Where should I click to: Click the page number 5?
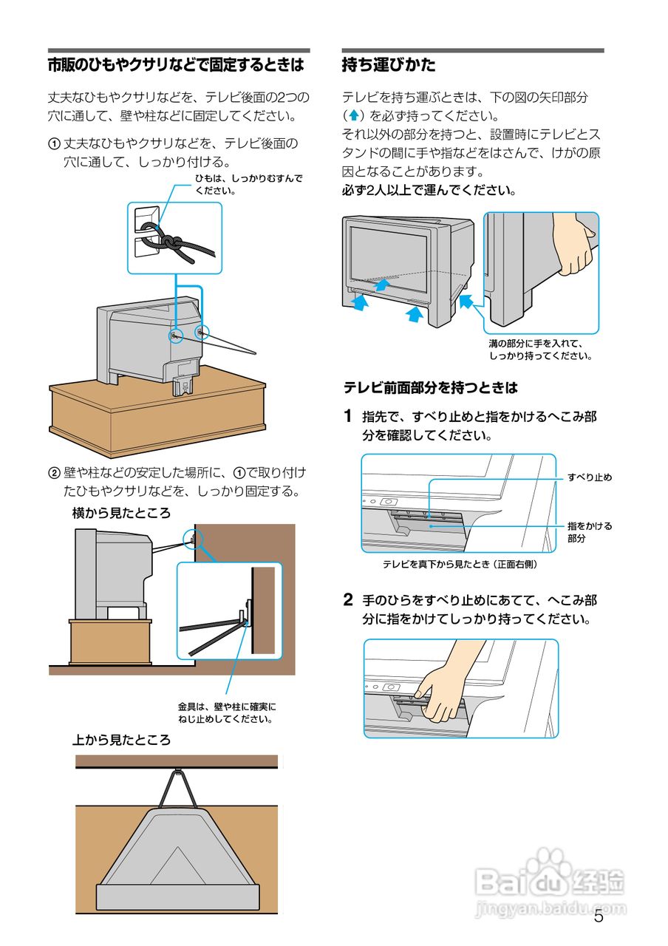599,917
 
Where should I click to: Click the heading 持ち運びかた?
389,65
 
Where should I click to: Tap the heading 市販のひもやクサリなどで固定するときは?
176,65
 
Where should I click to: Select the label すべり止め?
590,477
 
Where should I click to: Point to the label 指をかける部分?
589,532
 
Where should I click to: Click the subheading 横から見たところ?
121,513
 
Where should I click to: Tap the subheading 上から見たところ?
121,740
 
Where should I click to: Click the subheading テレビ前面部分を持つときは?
430,387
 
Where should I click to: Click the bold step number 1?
348,416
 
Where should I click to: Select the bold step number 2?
348,599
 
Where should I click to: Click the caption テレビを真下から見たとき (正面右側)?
459,565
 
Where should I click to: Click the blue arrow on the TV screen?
381,284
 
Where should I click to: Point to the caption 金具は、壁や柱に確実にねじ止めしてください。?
226,712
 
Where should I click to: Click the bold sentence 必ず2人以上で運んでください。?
429,190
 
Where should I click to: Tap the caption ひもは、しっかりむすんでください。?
249,184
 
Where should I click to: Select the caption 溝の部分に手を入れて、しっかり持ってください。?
540,350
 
